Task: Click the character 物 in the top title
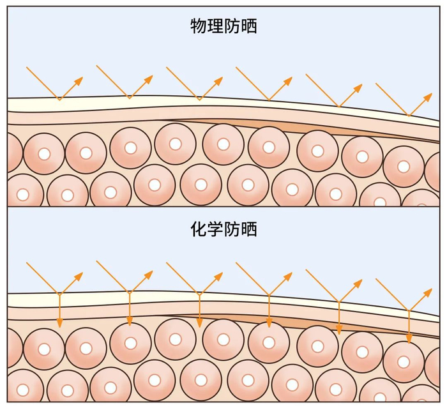click(x=199, y=26)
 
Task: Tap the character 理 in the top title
click(x=215, y=26)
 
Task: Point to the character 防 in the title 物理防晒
click(x=232, y=26)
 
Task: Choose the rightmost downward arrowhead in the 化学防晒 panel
click(x=409, y=338)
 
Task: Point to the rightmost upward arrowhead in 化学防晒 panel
click(x=428, y=291)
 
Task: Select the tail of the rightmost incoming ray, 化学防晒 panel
click(x=376, y=278)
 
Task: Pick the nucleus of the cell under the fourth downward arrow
click(x=269, y=342)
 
